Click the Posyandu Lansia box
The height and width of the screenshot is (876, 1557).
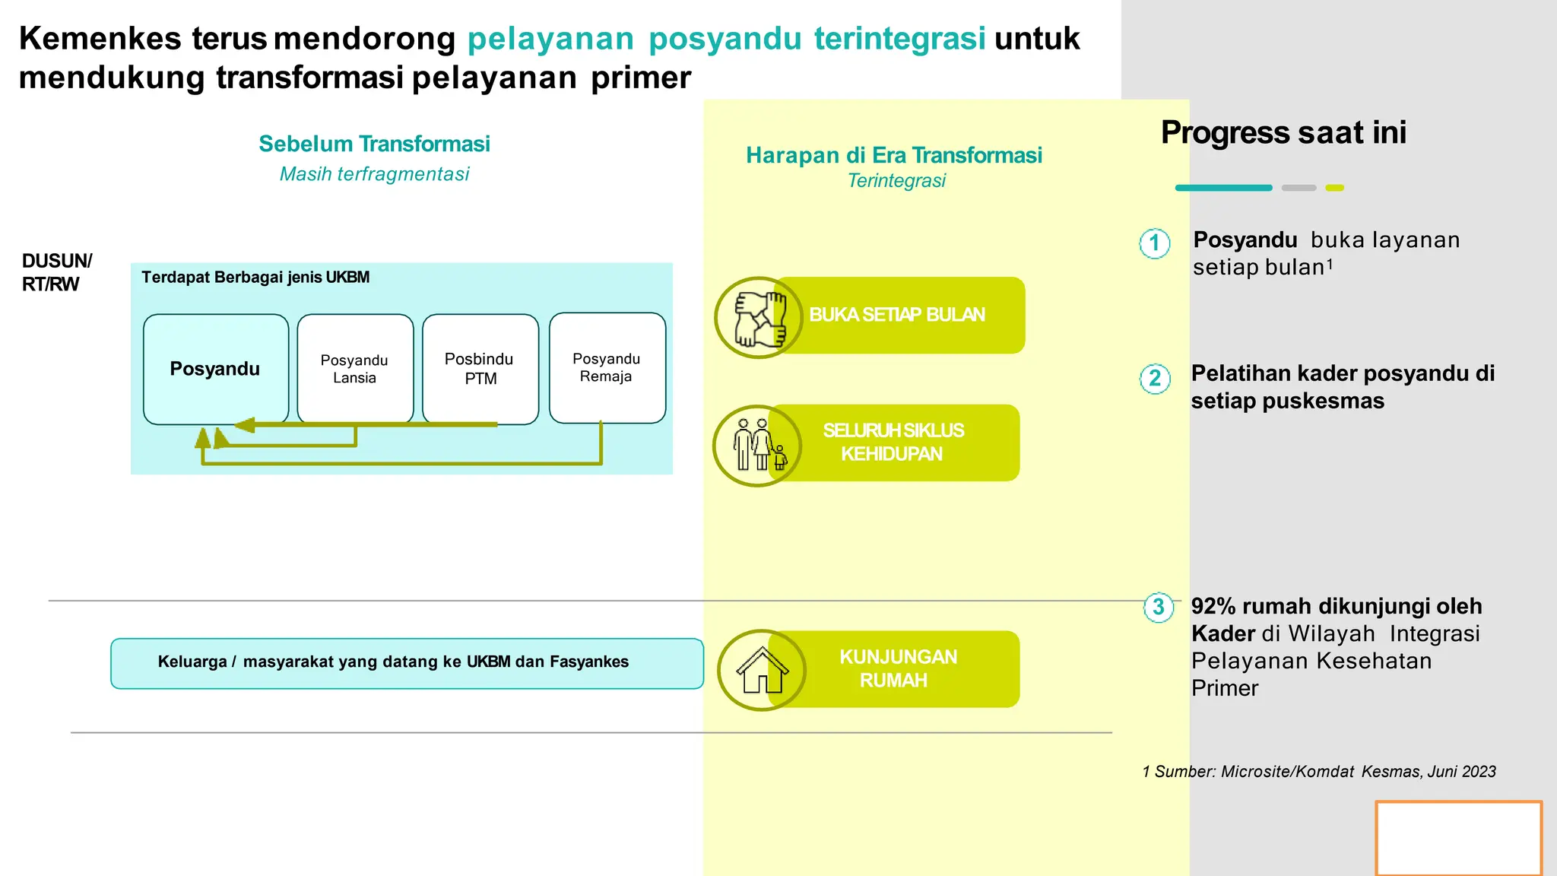pos(355,369)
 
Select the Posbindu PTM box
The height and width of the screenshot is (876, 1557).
pos(480,369)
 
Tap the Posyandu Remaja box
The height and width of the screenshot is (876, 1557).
pos(607,368)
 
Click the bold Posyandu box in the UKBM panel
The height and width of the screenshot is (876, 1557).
pos(215,369)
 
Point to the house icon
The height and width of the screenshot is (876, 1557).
pos(762,670)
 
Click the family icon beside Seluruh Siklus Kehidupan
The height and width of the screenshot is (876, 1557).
pos(757,446)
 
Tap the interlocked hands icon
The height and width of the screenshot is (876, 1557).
pos(758,317)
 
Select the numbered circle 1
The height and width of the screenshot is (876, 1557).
pos(1155,243)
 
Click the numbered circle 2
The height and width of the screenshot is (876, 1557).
pos(1155,378)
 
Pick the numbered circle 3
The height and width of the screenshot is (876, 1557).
pos(1159,607)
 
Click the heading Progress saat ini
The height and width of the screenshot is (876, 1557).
pos(1283,132)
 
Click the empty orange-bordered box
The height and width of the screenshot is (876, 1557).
pos(1458,838)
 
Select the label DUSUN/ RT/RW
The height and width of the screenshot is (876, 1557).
pos(57,272)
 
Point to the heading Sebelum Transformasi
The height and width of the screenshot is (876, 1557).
pos(374,144)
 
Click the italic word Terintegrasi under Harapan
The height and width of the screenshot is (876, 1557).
pos(896,181)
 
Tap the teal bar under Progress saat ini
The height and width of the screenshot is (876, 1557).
pos(1223,188)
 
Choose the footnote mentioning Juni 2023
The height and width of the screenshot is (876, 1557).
pos(1318,772)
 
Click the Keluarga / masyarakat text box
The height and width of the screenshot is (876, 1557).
pos(407,663)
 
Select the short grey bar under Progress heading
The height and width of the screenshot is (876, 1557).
pos(1299,188)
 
